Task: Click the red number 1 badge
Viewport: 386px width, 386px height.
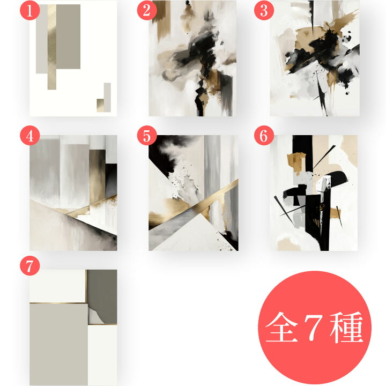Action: tap(29, 10)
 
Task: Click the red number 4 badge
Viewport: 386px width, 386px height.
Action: tap(29, 136)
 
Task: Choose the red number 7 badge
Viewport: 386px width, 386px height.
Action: tap(29, 264)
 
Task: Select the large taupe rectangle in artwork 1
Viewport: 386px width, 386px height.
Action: tap(69, 36)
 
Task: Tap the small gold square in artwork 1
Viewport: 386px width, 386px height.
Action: tap(100, 105)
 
